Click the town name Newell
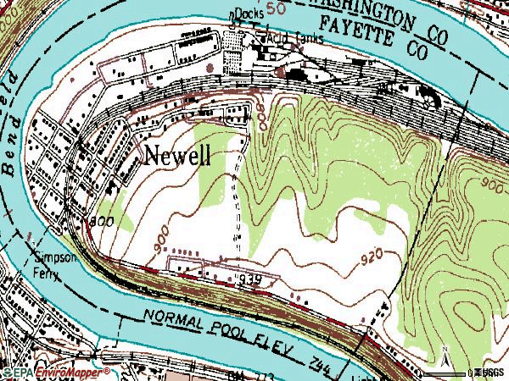click(x=177, y=155)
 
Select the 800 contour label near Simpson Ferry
click(x=100, y=222)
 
